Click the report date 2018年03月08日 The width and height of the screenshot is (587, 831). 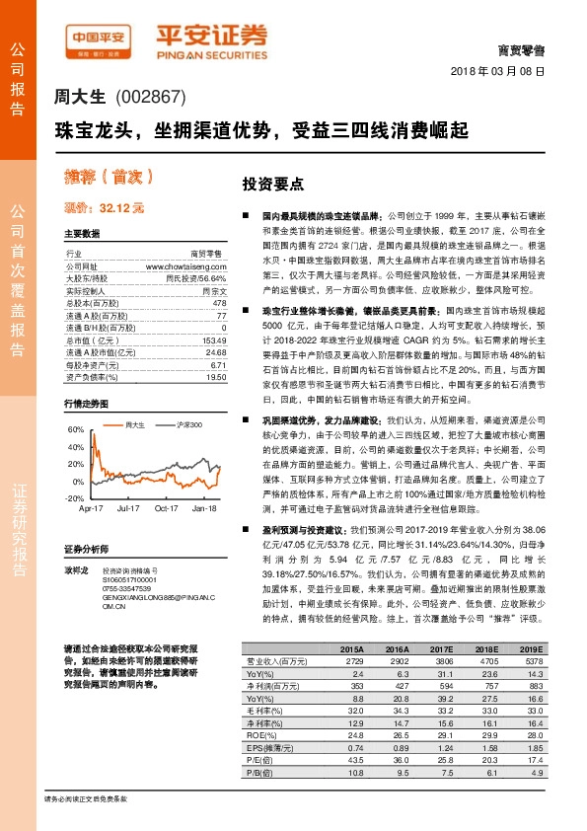click(503, 72)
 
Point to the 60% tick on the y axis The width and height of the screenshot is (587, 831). click(76, 430)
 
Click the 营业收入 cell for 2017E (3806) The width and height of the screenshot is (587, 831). click(441, 659)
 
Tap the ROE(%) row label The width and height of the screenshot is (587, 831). click(258, 734)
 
